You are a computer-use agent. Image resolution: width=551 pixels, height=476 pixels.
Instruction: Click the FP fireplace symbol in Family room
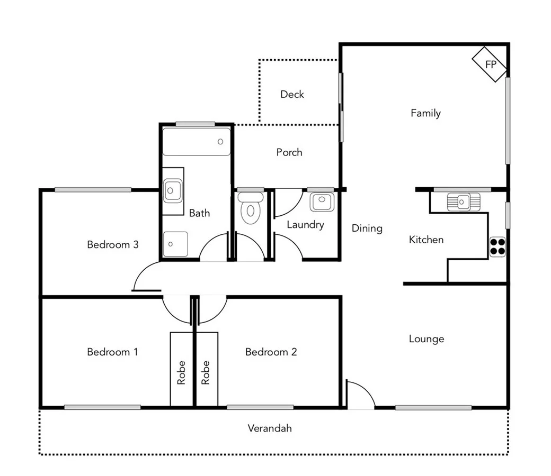click(490, 65)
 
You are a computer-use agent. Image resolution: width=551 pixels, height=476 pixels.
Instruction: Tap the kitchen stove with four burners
click(497, 247)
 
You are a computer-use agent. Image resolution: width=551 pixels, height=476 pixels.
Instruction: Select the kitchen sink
click(463, 202)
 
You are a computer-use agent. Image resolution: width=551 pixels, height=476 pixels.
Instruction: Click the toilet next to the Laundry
click(250, 208)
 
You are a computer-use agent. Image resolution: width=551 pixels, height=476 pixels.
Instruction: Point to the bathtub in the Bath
click(196, 141)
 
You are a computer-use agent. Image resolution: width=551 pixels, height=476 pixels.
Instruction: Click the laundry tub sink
click(321, 202)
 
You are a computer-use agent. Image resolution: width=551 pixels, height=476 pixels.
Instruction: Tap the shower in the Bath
click(175, 244)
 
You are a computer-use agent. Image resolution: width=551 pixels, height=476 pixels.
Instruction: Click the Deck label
click(292, 94)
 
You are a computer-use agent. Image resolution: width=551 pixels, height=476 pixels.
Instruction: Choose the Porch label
click(289, 152)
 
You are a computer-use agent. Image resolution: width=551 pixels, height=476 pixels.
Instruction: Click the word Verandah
click(270, 428)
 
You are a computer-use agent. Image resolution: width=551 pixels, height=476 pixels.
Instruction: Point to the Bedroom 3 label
click(113, 244)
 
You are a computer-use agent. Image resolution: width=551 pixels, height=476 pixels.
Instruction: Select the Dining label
click(367, 228)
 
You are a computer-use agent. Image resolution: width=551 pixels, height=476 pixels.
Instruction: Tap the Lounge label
click(426, 338)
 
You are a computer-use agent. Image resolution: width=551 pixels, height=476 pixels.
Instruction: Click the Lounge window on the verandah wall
click(433, 407)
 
